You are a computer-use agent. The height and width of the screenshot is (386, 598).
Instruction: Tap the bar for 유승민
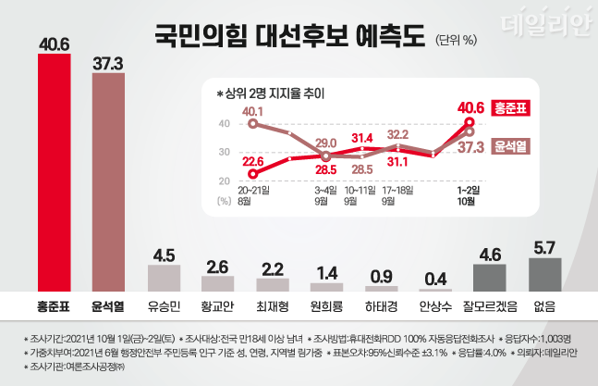point(164,278)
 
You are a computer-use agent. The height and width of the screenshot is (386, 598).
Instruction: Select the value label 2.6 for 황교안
point(218,268)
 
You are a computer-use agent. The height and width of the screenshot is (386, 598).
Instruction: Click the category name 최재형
point(273,305)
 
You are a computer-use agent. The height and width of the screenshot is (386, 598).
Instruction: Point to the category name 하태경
point(381,305)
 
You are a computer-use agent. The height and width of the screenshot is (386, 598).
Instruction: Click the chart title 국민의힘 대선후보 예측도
point(288,36)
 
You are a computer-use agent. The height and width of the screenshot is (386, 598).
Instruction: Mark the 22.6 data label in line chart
point(254,160)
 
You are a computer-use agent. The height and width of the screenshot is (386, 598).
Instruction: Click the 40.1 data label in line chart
point(253,111)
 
